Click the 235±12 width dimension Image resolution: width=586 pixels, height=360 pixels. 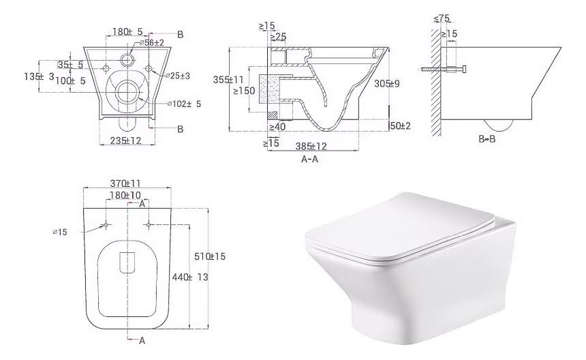pos(125,140)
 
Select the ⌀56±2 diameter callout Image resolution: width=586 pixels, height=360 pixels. pos(152,43)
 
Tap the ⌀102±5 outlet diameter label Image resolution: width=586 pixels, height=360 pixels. pos(184,104)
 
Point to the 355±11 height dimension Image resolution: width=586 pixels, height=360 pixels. pos(228,80)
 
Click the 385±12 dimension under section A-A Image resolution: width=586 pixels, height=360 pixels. pos(311,146)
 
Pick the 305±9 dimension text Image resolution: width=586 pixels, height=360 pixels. pos(387,83)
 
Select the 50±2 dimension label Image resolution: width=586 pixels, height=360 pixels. pos(400,126)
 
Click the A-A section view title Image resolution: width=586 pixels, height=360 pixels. pos(309,160)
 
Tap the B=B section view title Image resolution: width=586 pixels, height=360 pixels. pos(487,139)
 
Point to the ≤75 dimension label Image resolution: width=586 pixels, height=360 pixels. pos(442,18)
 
